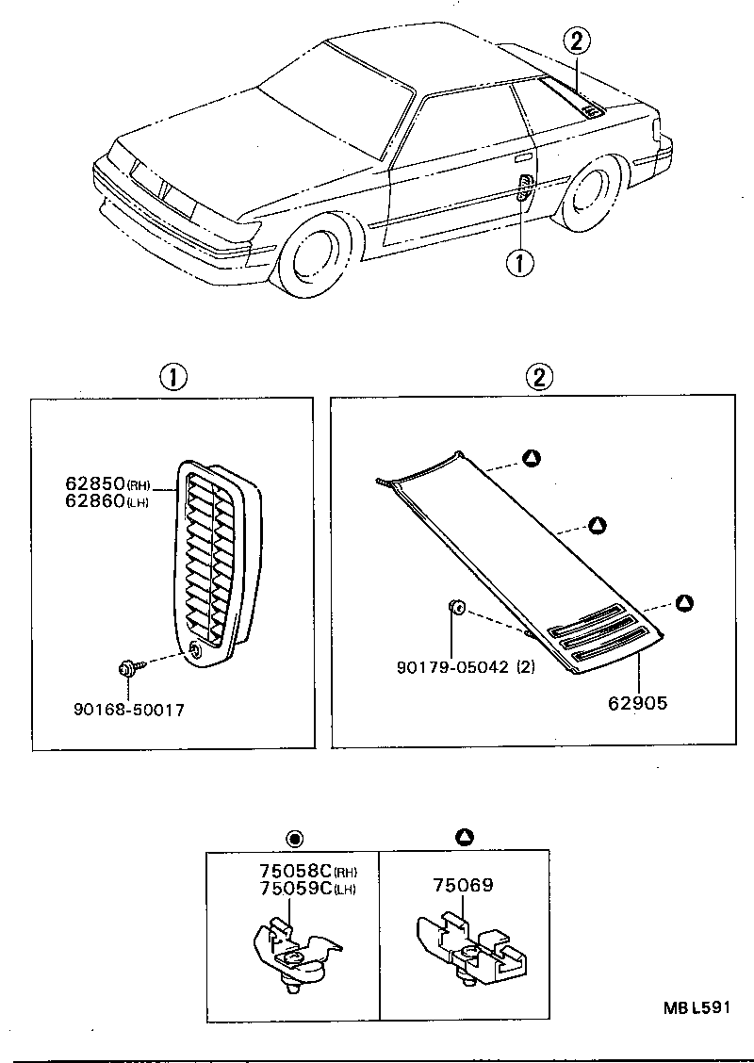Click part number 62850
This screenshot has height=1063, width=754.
[95, 483]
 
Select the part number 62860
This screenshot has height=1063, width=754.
[95, 500]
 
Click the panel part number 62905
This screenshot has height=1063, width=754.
[636, 702]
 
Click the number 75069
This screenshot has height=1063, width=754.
[464, 886]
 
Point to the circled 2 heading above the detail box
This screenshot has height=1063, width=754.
[537, 378]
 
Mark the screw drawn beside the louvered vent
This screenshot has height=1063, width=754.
[127, 669]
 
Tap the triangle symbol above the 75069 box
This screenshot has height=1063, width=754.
[464, 836]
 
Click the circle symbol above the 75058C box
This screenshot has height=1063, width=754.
[293, 837]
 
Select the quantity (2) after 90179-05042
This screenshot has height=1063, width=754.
[525, 667]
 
